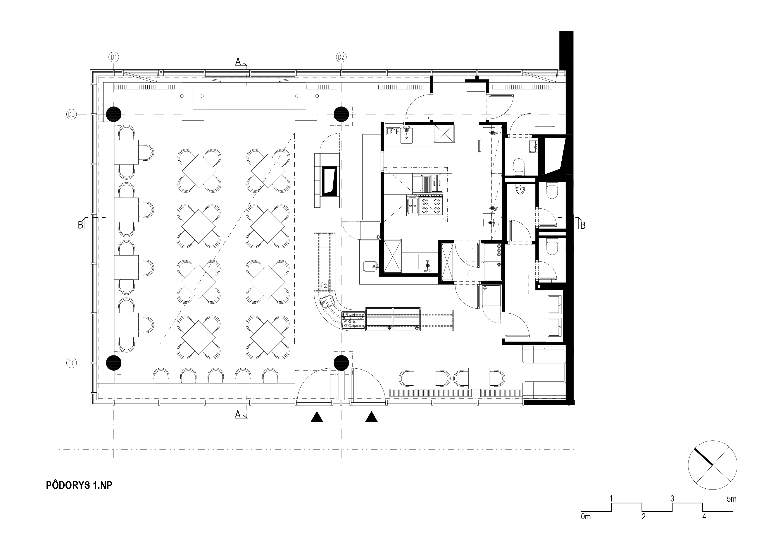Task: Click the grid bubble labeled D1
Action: [x=114, y=57]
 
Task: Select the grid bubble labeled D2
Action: [x=341, y=57]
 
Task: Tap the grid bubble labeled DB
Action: [x=71, y=114]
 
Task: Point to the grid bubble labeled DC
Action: [x=71, y=363]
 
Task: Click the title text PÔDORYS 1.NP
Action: [x=79, y=485]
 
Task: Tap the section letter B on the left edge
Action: [x=80, y=225]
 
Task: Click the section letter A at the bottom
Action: [x=238, y=414]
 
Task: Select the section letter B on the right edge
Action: [x=583, y=226]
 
